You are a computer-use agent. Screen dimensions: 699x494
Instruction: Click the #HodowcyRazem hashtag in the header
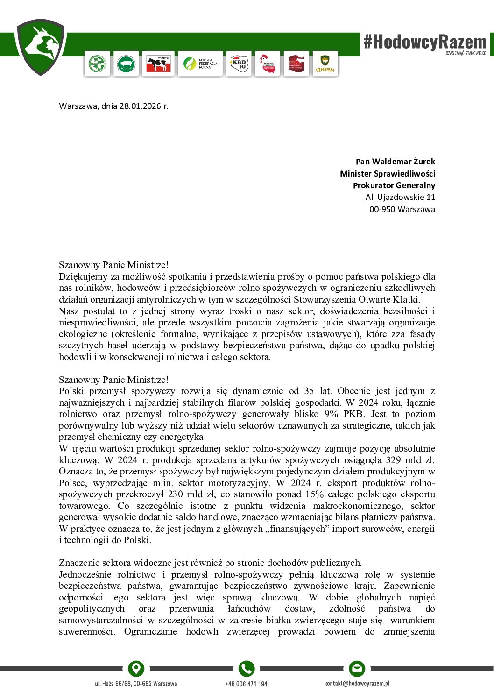[425, 42]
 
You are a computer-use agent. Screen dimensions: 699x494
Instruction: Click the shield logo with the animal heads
[40, 47]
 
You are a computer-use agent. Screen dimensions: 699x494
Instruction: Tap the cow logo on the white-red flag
[158, 64]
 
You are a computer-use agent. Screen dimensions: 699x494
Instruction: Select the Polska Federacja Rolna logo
[200, 64]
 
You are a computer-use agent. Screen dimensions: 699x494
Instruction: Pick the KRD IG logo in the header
[240, 64]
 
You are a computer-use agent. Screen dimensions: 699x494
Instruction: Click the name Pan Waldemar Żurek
[395, 162]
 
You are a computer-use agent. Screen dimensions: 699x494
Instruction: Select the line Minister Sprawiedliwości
[387, 174]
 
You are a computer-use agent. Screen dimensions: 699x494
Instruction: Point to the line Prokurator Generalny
[394, 185]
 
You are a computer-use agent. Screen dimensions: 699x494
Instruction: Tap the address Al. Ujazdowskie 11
[400, 197]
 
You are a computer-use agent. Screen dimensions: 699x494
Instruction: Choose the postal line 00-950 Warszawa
[402, 209]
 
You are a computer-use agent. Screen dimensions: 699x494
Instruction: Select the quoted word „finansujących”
[299, 529]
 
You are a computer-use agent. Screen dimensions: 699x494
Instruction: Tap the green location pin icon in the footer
[136, 669]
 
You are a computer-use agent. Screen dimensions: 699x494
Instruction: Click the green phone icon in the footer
[246, 669]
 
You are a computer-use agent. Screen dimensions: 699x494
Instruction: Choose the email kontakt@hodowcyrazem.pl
[357, 684]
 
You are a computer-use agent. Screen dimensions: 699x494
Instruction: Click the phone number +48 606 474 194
[246, 684]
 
